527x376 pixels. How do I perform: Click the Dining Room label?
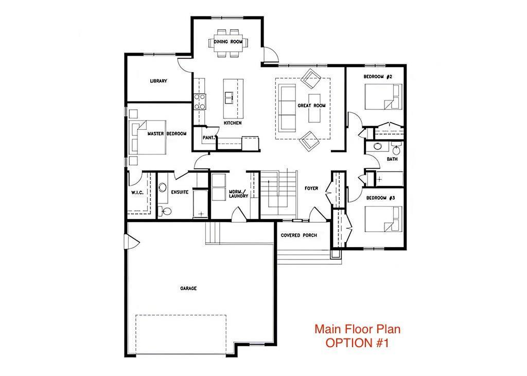(228, 42)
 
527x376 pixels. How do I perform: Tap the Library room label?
(159, 81)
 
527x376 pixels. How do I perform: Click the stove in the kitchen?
(200, 101)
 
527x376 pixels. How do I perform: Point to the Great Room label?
(311, 106)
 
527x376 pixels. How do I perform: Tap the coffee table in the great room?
(314, 112)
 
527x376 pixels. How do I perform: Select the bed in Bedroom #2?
(383, 97)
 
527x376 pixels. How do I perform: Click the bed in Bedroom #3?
(383, 219)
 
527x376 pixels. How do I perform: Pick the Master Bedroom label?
(167, 134)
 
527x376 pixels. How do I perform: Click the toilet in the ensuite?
(165, 211)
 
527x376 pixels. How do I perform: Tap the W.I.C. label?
(137, 192)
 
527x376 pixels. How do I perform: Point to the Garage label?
(188, 288)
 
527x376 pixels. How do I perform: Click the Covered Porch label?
(299, 235)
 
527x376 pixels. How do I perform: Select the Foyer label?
(311, 189)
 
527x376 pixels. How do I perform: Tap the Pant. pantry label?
(209, 138)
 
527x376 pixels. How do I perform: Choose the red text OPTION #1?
(357, 343)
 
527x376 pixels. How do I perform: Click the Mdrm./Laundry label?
(238, 194)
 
